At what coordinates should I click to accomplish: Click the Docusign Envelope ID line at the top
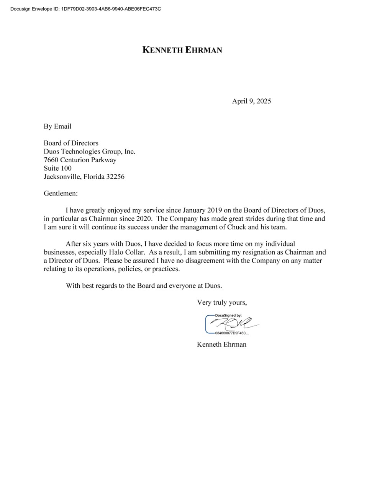(85, 9)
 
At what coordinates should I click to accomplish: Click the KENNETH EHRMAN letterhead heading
(182, 50)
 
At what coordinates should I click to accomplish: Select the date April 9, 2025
(251, 101)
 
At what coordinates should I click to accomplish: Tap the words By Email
(57, 126)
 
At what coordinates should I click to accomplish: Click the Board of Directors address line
(71, 143)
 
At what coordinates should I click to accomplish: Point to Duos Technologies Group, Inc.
(89, 152)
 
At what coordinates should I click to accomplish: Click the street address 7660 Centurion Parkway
(80, 160)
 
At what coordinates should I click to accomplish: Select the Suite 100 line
(57, 168)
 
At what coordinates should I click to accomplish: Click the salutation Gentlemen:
(61, 194)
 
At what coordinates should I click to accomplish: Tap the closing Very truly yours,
(222, 303)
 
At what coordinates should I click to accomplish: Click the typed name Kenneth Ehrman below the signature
(221, 344)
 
